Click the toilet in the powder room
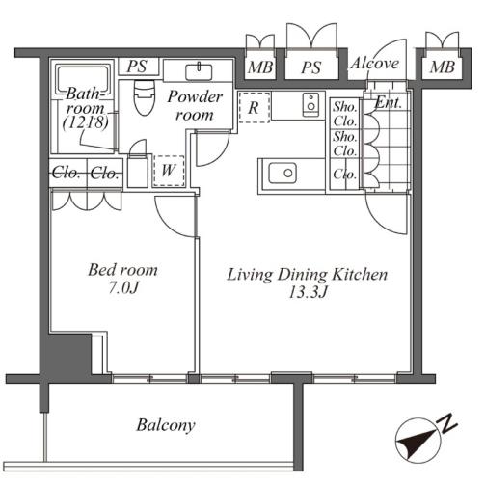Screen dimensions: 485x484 (x=145, y=97)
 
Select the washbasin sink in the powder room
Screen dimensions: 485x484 (x=199, y=72)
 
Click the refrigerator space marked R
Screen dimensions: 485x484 (x=255, y=107)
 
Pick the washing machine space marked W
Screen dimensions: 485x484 (x=169, y=171)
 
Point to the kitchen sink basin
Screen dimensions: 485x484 (x=283, y=173)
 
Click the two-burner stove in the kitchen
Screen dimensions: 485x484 (x=310, y=104)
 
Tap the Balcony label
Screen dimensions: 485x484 (x=166, y=425)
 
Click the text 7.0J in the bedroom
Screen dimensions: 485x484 (x=123, y=287)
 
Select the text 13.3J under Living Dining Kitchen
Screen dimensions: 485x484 (x=308, y=292)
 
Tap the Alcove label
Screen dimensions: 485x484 (x=375, y=63)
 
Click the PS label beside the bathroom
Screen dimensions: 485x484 (x=137, y=67)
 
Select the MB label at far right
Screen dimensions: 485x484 (x=443, y=67)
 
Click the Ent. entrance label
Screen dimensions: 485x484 (x=389, y=103)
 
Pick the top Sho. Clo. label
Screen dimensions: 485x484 (x=345, y=114)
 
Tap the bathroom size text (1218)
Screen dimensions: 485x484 (x=85, y=122)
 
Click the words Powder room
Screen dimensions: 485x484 (x=195, y=105)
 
